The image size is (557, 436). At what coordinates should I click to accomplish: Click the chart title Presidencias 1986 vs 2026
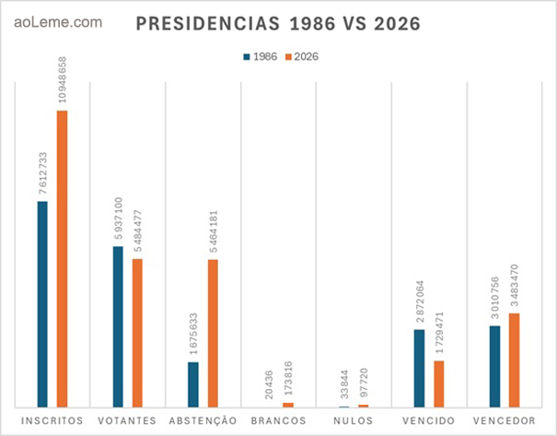[x=279, y=25]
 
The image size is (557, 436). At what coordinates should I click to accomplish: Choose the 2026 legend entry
[x=305, y=56]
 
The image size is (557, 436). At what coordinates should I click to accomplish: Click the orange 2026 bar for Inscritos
[x=62, y=258]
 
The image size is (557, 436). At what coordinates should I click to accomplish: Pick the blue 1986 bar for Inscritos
[x=42, y=303]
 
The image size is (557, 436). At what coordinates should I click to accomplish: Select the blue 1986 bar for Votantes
[x=118, y=326]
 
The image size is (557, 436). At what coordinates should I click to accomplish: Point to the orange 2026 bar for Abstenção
[x=213, y=333]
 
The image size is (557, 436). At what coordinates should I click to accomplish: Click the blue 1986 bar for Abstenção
[x=193, y=383]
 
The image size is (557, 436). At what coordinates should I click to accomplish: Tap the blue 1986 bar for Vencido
[x=419, y=368]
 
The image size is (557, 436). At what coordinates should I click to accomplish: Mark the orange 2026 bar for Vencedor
[x=514, y=359]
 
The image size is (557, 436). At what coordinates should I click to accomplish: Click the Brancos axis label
[x=278, y=420]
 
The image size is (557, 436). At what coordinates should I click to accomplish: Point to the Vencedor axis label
[x=504, y=420]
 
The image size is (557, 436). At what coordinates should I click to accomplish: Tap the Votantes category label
[x=127, y=420]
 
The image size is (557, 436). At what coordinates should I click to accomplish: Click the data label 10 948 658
[x=62, y=78]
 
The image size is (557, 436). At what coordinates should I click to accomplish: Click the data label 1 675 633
[x=193, y=329]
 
